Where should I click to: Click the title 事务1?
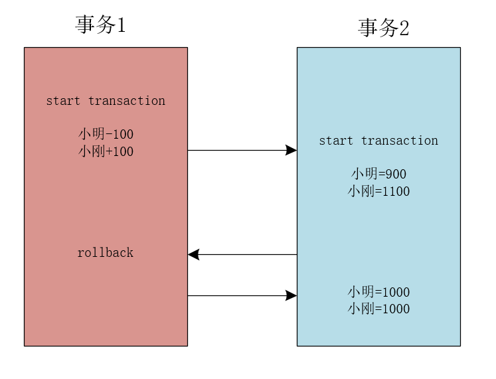coord(101,25)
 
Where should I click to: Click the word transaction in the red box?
coord(126,101)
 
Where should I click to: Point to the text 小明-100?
coord(106,135)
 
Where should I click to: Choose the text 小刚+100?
coord(106,151)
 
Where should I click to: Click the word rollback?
coord(105,253)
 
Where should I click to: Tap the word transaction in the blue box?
coord(399,141)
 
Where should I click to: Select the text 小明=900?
coord(378,174)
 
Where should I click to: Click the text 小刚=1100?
coord(378,191)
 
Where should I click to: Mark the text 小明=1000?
coord(378,292)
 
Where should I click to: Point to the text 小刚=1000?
coord(378,309)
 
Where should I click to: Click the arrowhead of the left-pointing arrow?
coord(193,254)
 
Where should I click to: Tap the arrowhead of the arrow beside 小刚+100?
coord(291,151)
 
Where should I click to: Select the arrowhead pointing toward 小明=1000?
coord(291,295)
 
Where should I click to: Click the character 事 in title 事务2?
coord(369,28)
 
